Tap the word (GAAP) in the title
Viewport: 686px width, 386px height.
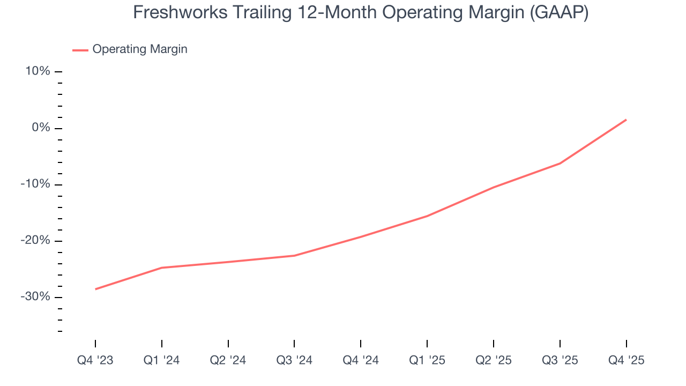[558, 12]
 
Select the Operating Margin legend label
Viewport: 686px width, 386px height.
[140, 49]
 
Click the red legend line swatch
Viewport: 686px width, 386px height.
[80, 50]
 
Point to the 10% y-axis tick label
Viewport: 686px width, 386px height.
[37, 71]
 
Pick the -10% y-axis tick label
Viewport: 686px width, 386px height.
[35, 184]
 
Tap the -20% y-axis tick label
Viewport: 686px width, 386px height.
[35, 241]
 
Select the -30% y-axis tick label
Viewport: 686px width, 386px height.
[35, 297]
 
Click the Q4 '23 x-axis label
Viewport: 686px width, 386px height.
[95, 360]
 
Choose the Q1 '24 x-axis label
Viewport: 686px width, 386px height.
[161, 360]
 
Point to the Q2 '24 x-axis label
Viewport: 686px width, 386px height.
[228, 360]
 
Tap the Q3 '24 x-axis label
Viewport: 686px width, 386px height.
[294, 360]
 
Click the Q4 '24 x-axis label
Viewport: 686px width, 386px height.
[361, 360]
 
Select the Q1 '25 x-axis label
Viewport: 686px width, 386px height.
[427, 360]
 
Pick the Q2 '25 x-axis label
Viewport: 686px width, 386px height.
[494, 360]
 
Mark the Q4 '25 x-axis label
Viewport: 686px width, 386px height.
[626, 360]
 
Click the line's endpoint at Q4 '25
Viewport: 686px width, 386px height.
[626, 120]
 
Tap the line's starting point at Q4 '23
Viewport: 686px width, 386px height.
[95, 289]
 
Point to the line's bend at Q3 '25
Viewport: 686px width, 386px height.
[560, 163]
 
